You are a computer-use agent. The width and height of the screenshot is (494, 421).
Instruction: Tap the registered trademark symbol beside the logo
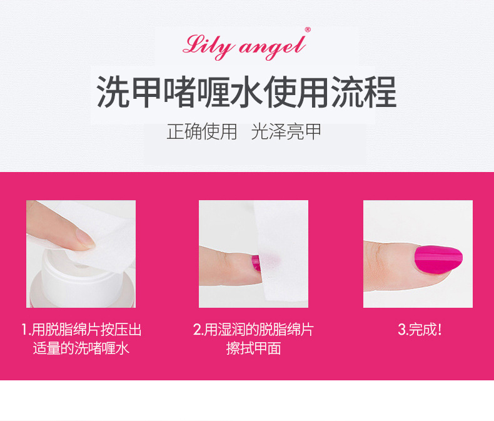pyautogui.click(x=308, y=30)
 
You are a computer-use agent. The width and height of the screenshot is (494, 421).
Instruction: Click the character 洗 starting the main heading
pyautogui.click(x=113, y=92)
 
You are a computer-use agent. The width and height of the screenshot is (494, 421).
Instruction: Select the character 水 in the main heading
pyautogui.click(x=246, y=92)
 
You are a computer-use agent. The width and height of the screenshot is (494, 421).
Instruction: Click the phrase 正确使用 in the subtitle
pyautogui.click(x=201, y=131)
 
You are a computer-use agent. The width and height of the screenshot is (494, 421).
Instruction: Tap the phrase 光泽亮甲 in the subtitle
pyautogui.click(x=286, y=131)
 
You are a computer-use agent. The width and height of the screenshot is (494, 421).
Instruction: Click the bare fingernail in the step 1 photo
pyautogui.click(x=85, y=238)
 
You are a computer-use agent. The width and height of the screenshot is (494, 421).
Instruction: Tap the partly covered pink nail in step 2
pyautogui.click(x=256, y=263)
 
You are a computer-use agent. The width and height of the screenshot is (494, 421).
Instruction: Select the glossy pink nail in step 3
pyautogui.click(x=438, y=260)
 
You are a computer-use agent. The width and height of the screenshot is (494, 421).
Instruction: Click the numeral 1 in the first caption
pyautogui.click(x=24, y=330)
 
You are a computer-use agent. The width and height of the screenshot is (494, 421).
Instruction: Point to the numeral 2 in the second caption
pyautogui.click(x=196, y=330)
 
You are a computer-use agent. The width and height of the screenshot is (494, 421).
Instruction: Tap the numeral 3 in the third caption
pyautogui.click(x=401, y=330)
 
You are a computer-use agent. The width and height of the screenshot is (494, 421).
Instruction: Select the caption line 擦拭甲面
pyautogui.click(x=254, y=348)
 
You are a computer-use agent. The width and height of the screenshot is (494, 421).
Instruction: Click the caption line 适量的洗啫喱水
pyautogui.click(x=81, y=348)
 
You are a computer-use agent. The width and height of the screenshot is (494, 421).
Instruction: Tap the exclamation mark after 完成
pyautogui.click(x=440, y=330)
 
